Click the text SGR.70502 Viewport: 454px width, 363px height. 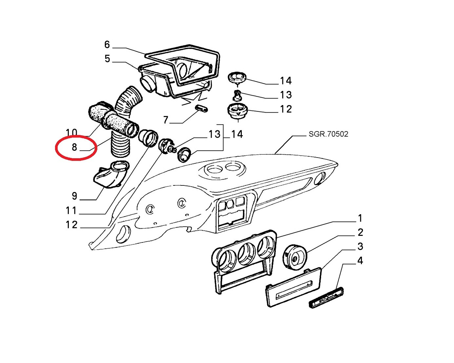tap(328, 134)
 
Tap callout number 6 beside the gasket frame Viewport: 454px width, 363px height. tap(107, 45)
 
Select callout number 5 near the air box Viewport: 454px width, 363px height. tap(107, 59)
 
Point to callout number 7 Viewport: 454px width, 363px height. tap(166, 120)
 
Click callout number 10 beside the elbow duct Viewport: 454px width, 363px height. tap(71, 133)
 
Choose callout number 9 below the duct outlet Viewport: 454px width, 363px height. tap(74, 196)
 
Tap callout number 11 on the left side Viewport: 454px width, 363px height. tap(71, 210)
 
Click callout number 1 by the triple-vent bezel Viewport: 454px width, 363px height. tap(360, 218)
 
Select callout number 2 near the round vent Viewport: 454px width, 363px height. tap(360, 232)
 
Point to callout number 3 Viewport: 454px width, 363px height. tap(360, 246)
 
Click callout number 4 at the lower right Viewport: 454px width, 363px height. tap(360, 261)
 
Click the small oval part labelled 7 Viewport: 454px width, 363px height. tap(201, 108)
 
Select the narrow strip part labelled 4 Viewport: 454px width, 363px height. tap(326, 297)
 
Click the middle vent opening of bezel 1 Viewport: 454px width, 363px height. tap(247, 254)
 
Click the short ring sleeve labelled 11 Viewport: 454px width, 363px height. tap(148, 138)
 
